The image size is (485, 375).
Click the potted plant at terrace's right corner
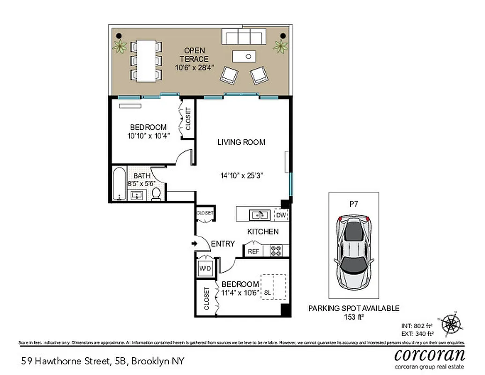coord(281,46)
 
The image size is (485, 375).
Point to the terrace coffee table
coord(248,57)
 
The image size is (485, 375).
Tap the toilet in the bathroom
coord(157,195)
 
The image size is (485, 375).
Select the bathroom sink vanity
coord(138,195)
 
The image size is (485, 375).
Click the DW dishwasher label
coord(281,215)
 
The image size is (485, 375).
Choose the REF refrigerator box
coord(254,251)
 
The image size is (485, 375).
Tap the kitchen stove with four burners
coord(276,251)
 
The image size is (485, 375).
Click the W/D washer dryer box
coord(205,269)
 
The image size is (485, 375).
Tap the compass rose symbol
coord(452,323)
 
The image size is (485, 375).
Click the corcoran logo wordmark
coord(429,354)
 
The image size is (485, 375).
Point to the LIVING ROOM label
coord(241,142)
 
